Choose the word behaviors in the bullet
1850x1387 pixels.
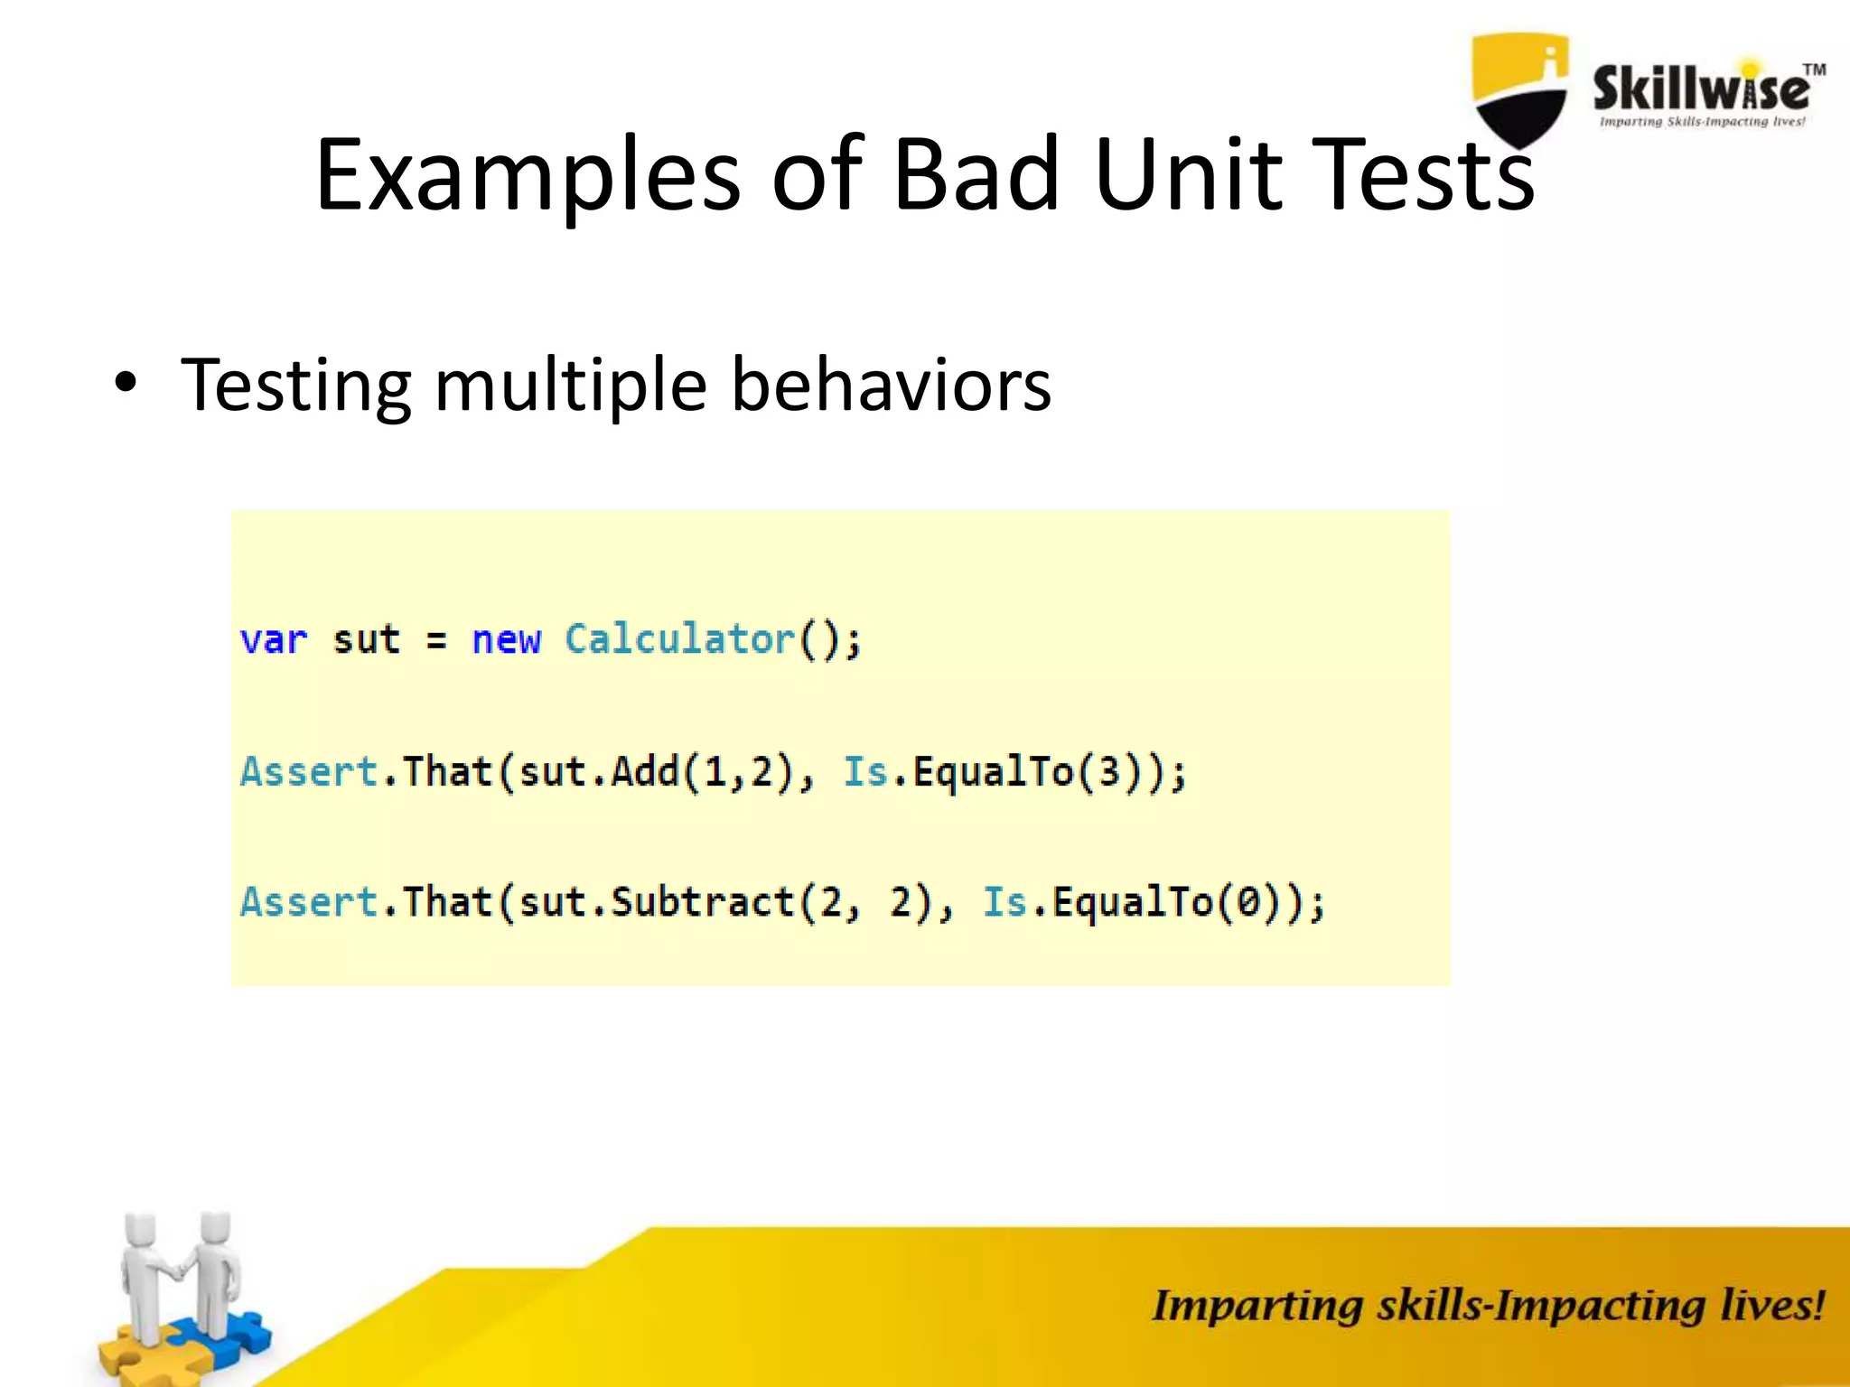click(x=890, y=385)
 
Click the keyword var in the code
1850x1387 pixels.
click(x=274, y=640)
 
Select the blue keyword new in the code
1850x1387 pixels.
click(x=506, y=640)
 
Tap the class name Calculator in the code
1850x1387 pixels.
click(x=679, y=639)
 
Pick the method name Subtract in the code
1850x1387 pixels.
click(x=703, y=902)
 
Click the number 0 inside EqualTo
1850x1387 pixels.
click(x=1247, y=902)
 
